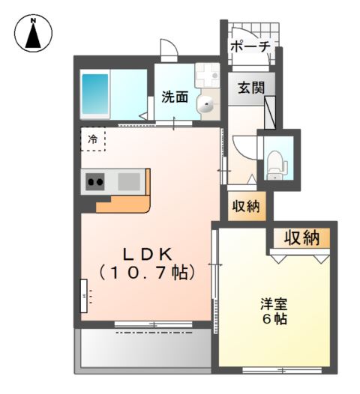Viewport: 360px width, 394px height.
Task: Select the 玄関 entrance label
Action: [252, 87]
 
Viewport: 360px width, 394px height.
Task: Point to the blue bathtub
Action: [95, 94]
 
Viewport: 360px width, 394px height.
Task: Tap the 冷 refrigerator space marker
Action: [93, 139]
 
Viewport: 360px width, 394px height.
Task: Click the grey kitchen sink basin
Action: [127, 181]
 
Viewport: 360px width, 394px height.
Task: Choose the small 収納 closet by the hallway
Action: [245, 206]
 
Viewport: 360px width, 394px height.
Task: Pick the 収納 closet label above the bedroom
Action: [301, 238]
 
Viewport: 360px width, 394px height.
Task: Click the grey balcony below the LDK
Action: [142, 348]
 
